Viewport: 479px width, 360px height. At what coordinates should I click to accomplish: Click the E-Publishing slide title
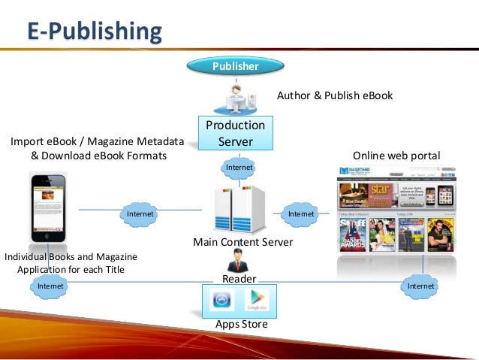(94, 32)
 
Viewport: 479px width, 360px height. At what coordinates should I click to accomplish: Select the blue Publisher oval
(235, 66)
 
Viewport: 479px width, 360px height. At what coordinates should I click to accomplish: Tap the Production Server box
(236, 133)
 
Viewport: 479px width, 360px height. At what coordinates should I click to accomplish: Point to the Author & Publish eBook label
(335, 96)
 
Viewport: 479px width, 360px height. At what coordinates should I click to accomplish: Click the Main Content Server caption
(243, 242)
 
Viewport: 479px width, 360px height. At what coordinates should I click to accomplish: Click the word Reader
(239, 279)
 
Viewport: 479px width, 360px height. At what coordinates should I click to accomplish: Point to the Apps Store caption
(241, 325)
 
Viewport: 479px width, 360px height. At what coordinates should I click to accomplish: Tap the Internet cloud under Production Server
(239, 166)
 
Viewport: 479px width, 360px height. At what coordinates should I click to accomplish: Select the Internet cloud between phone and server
(140, 214)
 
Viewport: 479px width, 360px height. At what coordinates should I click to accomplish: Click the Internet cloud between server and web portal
(302, 214)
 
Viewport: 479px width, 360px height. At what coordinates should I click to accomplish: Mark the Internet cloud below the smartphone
(50, 286)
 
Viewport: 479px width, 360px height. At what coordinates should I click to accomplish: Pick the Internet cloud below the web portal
(420, 286)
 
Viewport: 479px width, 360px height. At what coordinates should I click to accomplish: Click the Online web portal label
(396, 156)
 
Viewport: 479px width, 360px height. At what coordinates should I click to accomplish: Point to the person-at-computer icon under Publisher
(240, 98)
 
